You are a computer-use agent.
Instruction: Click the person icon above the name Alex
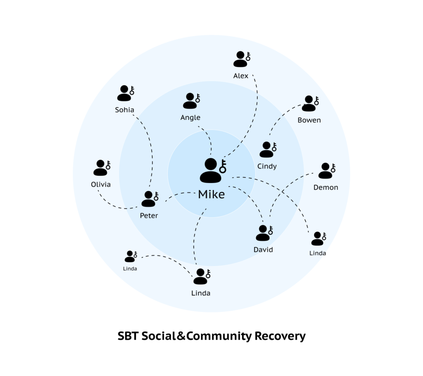point(240,59)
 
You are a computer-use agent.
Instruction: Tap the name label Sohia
point(124,110)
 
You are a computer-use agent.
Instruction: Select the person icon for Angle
point(190,101)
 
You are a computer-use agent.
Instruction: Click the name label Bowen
point(309,120)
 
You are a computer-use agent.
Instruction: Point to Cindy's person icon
point(266,150)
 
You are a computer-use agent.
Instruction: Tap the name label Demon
point(326,187)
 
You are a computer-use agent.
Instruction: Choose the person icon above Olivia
point(100,168)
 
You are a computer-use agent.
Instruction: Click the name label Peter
point(149,215)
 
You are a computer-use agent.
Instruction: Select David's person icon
point(263,233)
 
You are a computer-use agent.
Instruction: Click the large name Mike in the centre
point(211,194)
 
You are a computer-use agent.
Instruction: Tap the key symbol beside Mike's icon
point(223,166)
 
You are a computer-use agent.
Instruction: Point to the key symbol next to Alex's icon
point(248,57)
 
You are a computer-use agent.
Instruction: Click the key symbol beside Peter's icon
point(156,196)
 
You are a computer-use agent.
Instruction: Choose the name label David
point(263,250)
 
